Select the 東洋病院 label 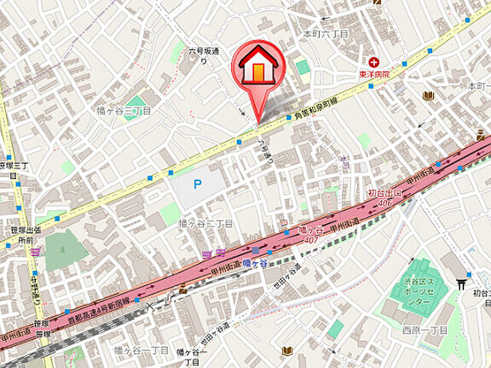374,74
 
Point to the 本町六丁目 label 325,34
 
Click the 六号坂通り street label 205,55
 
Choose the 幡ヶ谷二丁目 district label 205,223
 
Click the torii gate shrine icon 461,281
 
